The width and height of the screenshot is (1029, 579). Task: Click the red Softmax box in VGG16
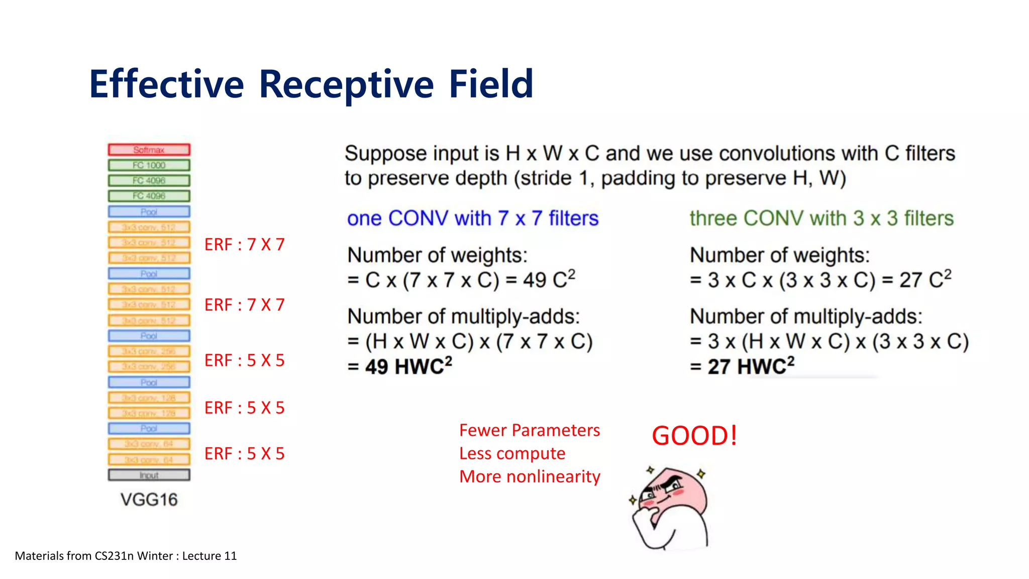[x=149, y=150]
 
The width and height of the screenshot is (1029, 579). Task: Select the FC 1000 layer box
[x=149, y=165]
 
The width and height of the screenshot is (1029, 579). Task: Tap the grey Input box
[x=149, y=475]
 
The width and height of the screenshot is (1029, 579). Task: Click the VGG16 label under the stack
[x=149, y=500]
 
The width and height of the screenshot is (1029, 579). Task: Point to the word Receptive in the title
[x=346, y=84]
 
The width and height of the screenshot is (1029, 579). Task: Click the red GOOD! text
[x=694, y=436]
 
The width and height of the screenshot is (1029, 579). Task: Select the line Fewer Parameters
[x=529, y=430]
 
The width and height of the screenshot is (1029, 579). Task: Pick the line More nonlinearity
[x=530, y=476]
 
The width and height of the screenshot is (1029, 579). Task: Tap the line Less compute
[x=512, y=453]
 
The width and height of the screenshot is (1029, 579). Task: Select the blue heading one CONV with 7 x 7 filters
[x=472, y=219]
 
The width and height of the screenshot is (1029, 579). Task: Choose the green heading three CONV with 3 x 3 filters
[x=821, y=219]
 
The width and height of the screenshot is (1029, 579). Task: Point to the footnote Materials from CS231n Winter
[x=126, y=556]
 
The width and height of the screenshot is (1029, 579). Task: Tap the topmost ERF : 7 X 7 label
[x=244, y=245]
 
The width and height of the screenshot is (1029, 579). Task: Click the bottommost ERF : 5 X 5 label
[x=244, y=454]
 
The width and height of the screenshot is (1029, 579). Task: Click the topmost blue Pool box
[x=149, y=212]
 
